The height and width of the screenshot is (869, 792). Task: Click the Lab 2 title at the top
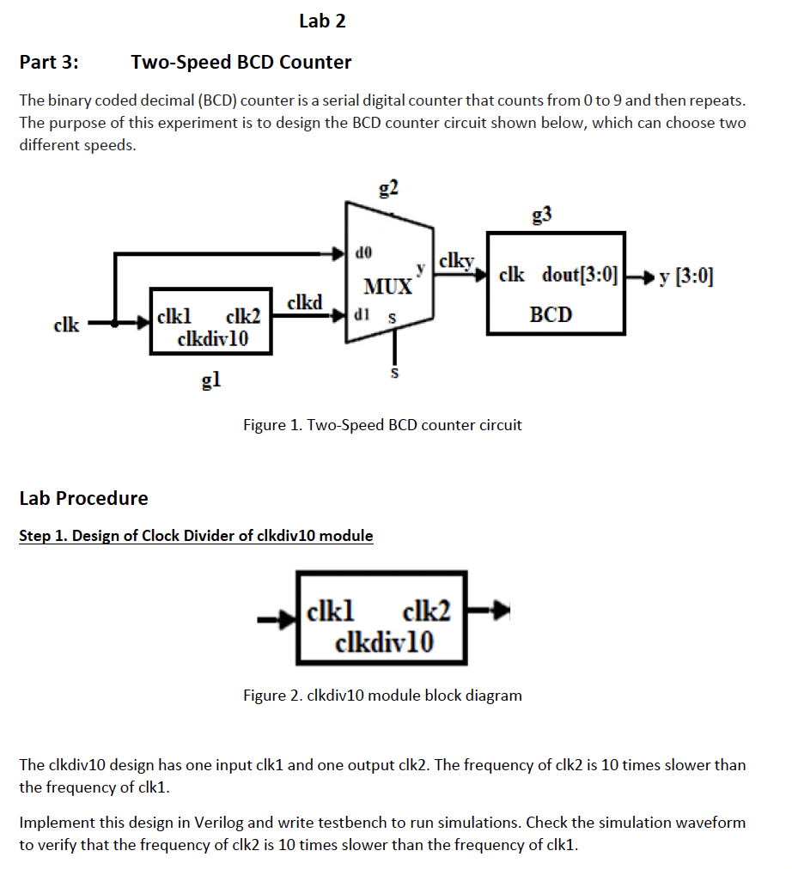(322, 21)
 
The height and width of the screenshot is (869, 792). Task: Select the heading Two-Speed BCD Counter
(241, 62)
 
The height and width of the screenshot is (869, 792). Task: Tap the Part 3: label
(48, 62)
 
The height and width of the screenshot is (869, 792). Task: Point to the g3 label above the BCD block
(541, 214)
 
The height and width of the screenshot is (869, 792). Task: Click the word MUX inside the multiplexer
(387, 286)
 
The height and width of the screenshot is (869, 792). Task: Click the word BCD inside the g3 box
(551, 314)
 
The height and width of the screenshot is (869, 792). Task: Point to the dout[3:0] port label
(580, 276)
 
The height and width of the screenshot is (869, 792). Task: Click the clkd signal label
(305, 302)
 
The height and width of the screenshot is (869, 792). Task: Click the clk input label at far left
(66, 325)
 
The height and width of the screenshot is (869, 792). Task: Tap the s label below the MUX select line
(394, 374)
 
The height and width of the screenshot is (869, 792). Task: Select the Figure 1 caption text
(382, 424)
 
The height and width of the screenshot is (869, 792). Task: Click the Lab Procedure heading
(83, 498)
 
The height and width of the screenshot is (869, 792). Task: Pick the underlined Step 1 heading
(196, 536)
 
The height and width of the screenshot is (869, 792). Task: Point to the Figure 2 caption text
(382, 695)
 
